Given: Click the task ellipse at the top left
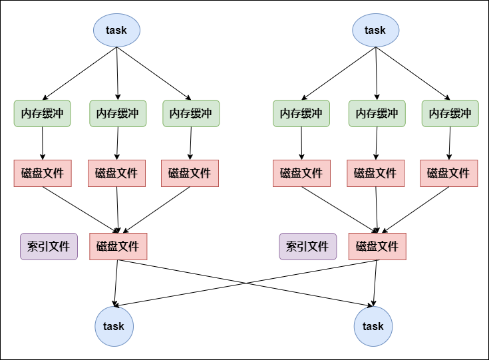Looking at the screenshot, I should pyautogui.click(x=116, y=30).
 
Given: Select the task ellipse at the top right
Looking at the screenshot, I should pyautogui.click(x=375, y=30).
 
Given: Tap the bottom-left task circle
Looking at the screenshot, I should pyautogui.click(x=114, y=326).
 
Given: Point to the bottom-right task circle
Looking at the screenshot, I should pyautogui.click(x=373, y=326).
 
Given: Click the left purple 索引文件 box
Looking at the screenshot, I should pyautogui.click(x=49, y=246).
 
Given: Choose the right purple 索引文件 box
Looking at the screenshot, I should pyautogui.click(x=307, y=246).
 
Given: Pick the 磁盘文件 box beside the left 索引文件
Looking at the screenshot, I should pyautogui.click(x=118, y=246).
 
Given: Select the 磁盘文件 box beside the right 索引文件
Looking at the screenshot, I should pyautogui.click(x=377, y=246).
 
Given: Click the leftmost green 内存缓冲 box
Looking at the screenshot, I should pyautogui.click(x=43, y=113).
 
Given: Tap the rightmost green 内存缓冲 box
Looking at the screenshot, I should pyautogui.click(x=450, y=113).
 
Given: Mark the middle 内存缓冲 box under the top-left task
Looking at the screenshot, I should pyautogui.click(x=118, y=113).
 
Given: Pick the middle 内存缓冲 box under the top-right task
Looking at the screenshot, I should pyautogui.click(x=377, y=113).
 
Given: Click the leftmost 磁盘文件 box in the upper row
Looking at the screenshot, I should pyautogui.click(x=43, y=173).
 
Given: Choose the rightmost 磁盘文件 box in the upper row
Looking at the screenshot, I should pyautogui.click(x=449, y=173).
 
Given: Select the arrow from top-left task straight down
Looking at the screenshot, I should pyautogui.click(x=117, y=73).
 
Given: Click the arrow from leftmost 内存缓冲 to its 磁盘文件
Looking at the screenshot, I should pyautogui.click(x=43, y=143).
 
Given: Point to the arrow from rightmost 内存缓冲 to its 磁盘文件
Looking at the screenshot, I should pyautogui.click(x=450, y=143).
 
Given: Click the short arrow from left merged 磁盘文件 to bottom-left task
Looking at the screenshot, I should pyautogui.click(x=116, y=283).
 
